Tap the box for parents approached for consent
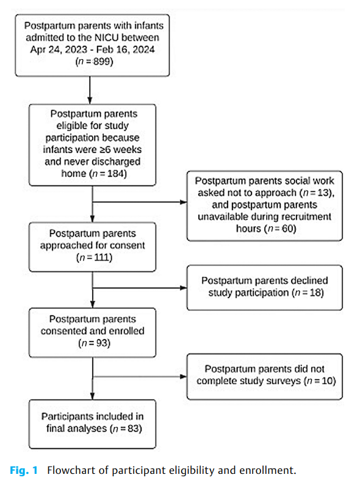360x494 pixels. [91, 246]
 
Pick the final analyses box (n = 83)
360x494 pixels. [91, 421]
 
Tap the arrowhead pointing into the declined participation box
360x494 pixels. [182, 286]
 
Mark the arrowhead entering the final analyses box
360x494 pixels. [91, 397]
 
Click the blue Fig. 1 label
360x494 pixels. [24, 471]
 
